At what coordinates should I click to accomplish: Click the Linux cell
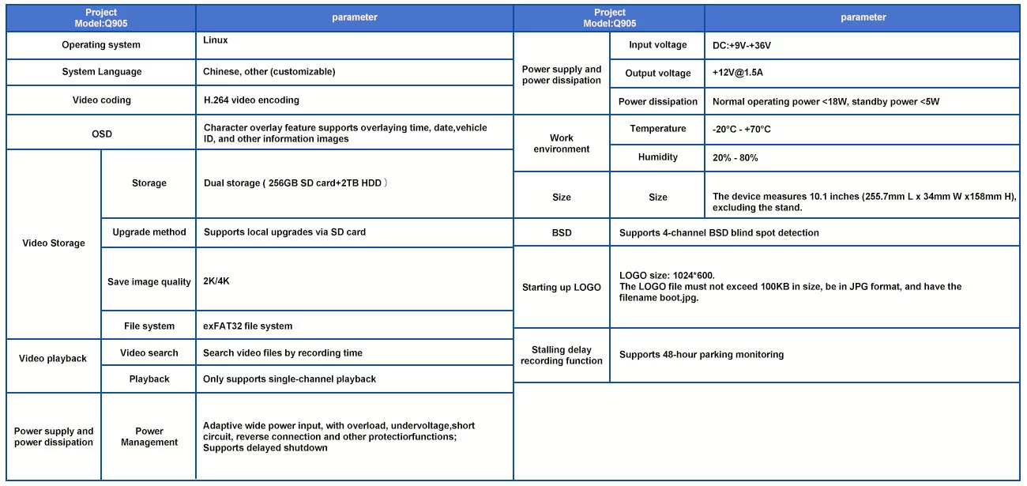point(216,40)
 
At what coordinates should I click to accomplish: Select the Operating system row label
point(101,45)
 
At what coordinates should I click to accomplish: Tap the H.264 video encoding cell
point(251,100)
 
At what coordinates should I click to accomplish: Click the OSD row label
point(101,134)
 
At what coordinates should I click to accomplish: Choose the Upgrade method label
point(149,232)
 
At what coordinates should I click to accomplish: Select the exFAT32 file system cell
point(248,326)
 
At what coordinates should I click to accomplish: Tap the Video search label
point(149,352)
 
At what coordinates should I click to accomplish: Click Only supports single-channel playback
point(289,379)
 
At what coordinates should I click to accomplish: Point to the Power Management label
point(149,437)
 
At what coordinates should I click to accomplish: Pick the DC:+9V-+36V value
point(742,46)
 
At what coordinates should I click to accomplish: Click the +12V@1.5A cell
point(738,73)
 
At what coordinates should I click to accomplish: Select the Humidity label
point(658,157)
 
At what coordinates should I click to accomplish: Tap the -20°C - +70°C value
point(742,130)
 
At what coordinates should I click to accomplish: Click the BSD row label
point(562,233)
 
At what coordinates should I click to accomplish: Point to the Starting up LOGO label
point(562,288)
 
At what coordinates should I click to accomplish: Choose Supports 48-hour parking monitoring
point(702,355)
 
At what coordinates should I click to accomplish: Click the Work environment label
point(562,143)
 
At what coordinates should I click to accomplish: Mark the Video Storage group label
point(54,243)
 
